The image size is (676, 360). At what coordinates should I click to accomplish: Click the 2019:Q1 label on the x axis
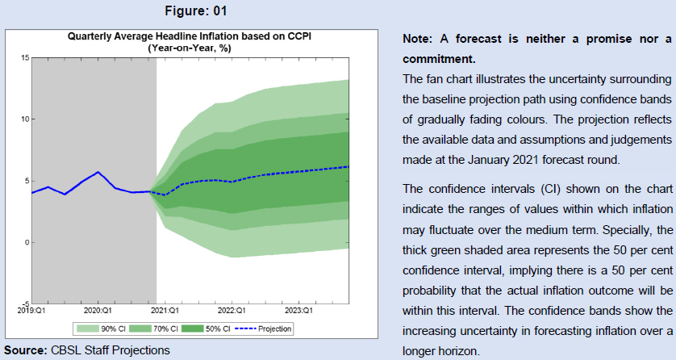[x=31, y=309]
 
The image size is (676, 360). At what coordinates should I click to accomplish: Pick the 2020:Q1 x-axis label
[x=98, y=309]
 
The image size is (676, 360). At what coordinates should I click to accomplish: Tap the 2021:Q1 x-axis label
[x=165, y=309]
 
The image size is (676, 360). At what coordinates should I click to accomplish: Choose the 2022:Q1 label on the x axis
[x=232, y=309]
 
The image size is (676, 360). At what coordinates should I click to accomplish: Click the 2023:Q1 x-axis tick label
[x=298, y=309]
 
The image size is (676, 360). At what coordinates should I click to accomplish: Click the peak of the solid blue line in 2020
[x=98, y=172]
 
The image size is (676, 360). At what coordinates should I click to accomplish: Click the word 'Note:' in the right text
[x=418, y=40]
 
